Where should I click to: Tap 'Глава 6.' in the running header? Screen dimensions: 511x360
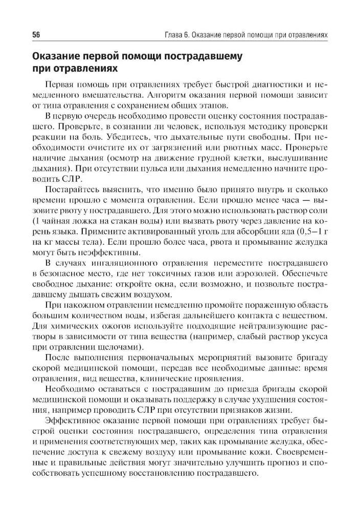[x=173, y=35]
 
